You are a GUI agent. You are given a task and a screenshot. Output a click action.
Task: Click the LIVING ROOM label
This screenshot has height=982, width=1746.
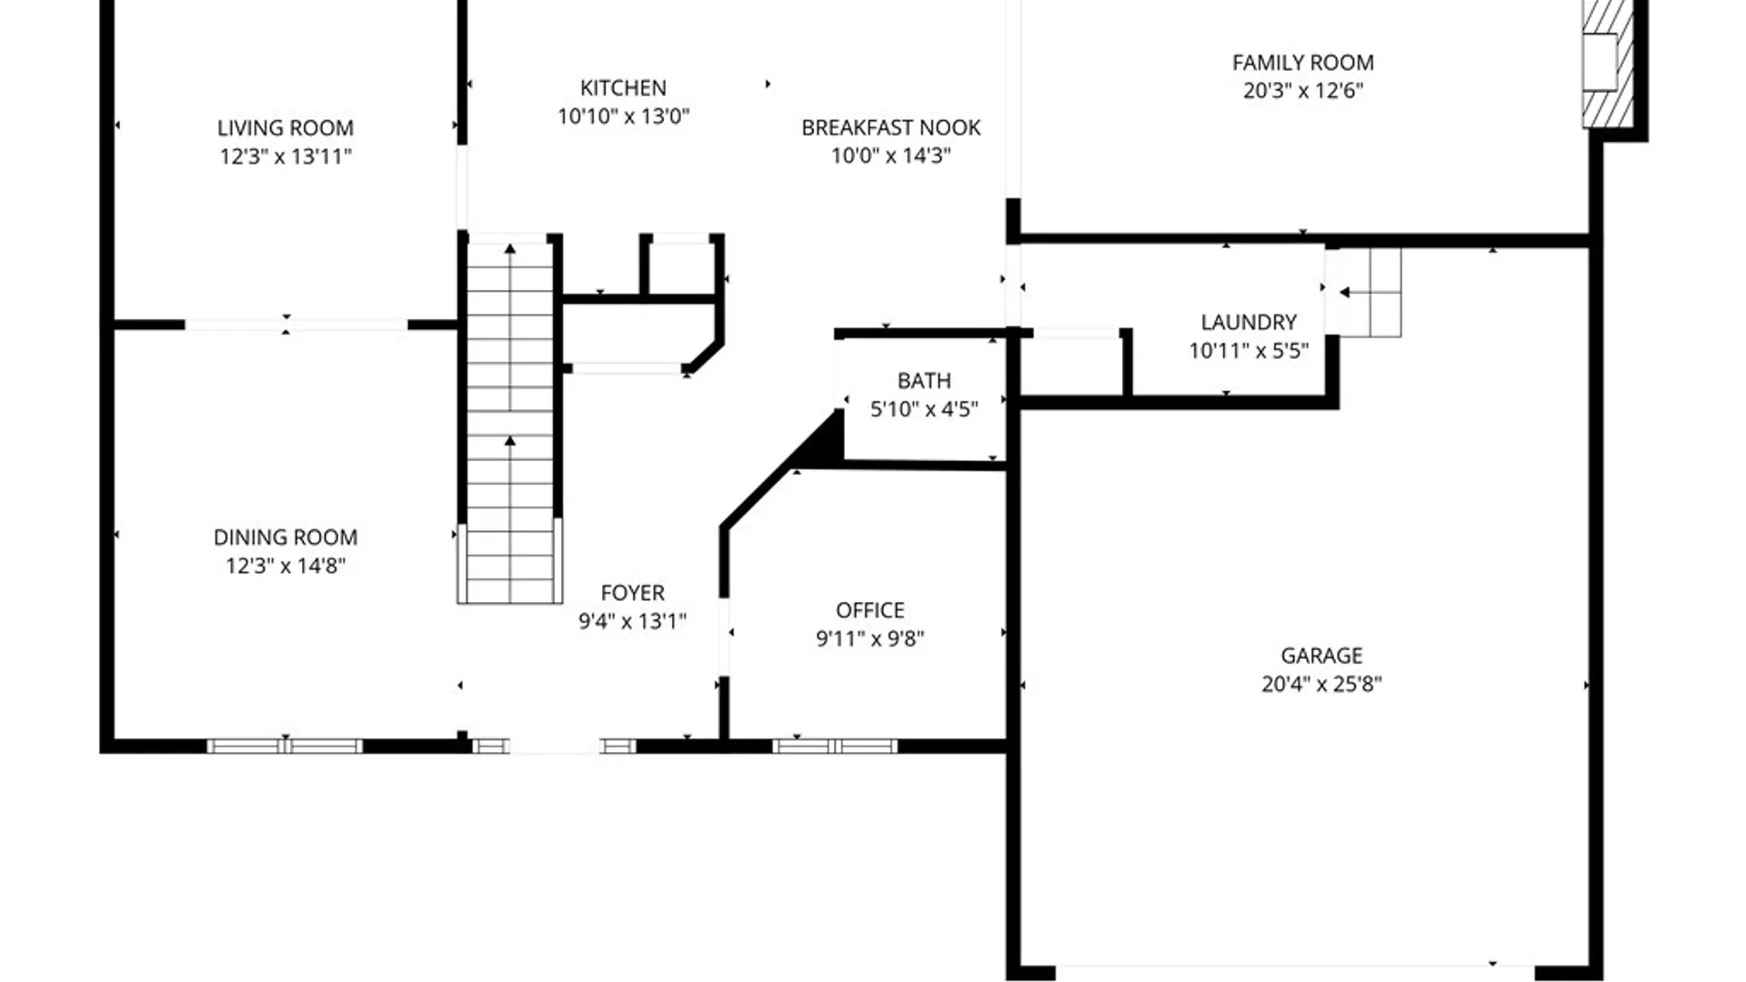coord(285,128)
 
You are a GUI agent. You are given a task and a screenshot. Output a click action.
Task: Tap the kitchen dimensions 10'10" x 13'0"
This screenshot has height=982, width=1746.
coord(623,116)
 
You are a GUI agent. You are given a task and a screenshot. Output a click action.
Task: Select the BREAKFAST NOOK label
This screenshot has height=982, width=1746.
coord(890,128)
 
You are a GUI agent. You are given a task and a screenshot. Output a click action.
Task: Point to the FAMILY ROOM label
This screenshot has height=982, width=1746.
coord(1302,63)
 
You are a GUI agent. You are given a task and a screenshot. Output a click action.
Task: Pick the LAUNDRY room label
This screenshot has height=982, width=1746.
coord(1248,322)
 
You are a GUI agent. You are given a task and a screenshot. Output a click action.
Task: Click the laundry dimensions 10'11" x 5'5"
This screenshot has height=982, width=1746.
coord(1248,351)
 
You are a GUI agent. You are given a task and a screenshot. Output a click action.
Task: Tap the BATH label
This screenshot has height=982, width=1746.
coord(924,381)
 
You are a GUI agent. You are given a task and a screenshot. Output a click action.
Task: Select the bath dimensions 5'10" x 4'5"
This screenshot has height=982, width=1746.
coord(924,409)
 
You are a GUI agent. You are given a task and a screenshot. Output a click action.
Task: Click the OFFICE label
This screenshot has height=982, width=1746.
coord(869,610)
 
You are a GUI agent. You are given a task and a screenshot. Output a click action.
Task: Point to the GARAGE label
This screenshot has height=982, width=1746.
coord(1320,656)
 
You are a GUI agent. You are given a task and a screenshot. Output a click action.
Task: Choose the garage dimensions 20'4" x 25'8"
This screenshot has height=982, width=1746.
coord(1320,684)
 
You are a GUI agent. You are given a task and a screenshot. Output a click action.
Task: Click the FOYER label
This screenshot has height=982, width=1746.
coord(632,593)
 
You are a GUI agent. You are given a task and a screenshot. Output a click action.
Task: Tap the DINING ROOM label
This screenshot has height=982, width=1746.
coord(285,537)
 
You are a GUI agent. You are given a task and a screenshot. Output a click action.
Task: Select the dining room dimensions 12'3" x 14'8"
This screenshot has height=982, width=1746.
coord(285,566)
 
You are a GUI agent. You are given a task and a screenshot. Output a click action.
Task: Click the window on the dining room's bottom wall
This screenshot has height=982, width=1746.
coord(285,747)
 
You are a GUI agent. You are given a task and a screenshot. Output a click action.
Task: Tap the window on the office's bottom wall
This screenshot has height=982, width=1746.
coord(835,747)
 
